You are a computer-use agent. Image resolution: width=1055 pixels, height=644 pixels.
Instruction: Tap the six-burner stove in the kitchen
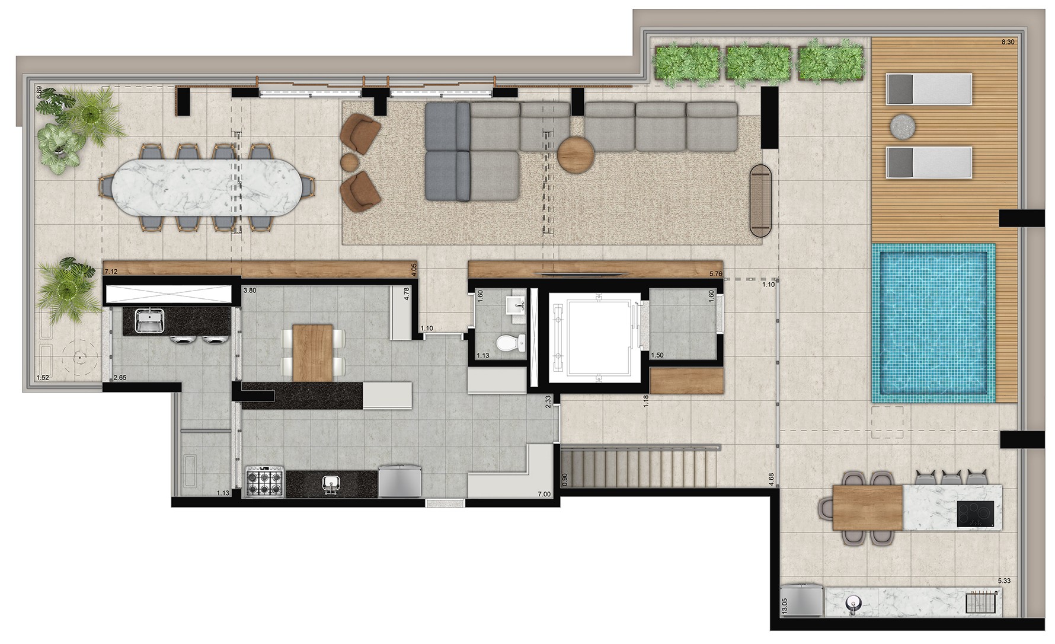pyautogui.click(x=265, y=481)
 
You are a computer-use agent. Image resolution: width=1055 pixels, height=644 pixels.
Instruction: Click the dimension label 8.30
pyautogui.click(x=1007, y=42)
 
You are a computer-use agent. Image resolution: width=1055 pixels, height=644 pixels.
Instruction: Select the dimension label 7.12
pyautogui.click(x=111, y=272)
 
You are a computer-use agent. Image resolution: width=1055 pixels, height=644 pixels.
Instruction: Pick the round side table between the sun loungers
pyautogui.click(x=902, y=125)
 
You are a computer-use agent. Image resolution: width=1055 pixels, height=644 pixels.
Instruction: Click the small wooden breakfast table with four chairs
pyautogui.click(x=314, y=352)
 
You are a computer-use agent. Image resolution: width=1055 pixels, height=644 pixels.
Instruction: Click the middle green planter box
pyautogui.click(x=759, y=60)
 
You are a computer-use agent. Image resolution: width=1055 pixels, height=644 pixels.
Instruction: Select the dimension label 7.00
pyautogui.click(x=544, y=494)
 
